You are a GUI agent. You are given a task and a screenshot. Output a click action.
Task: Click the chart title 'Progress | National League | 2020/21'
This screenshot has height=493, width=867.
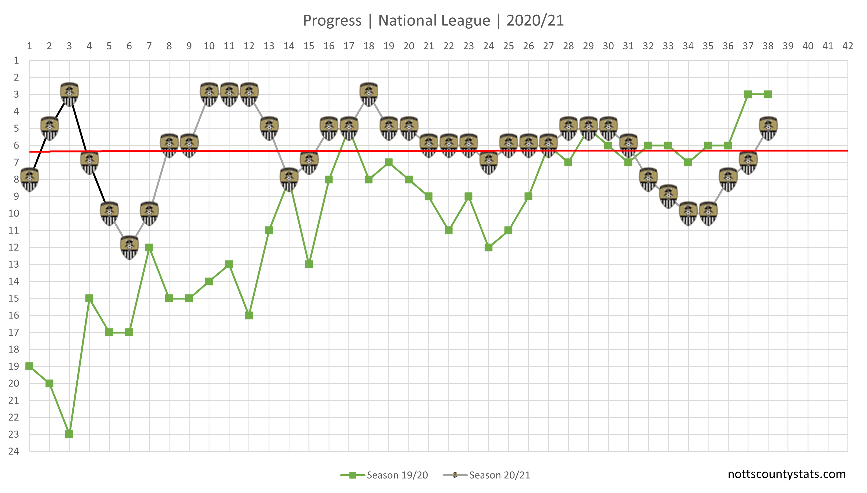(433, 20)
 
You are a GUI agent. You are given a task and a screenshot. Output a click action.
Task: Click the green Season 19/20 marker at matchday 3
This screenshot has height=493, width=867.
(69, 434)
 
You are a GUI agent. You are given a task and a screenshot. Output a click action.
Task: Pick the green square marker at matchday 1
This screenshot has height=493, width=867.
(29, 366)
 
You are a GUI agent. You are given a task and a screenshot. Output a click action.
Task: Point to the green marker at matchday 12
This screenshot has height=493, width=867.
(249, 315)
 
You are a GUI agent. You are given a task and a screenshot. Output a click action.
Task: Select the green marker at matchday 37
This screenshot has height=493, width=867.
(748, 94)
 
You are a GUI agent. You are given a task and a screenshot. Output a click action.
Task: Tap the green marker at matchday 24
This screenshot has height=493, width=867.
(488, 248)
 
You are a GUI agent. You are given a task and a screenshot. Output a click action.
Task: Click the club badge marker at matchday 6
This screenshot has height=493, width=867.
(129, 247)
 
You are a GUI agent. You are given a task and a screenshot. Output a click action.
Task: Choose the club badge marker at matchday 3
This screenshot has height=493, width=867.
(69, 94)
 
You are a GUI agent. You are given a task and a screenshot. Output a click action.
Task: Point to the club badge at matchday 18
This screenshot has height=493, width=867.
(369, 94)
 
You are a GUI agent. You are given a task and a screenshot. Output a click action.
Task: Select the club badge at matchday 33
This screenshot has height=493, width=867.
(668, 196)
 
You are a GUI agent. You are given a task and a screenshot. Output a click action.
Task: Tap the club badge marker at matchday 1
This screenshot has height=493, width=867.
(29, 179)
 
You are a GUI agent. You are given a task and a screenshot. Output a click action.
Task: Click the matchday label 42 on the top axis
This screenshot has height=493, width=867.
(848, 46)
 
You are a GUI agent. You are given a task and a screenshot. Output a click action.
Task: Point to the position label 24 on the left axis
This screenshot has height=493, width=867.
(14, 451)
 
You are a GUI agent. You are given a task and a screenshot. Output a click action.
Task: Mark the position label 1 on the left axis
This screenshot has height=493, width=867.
(16, 60)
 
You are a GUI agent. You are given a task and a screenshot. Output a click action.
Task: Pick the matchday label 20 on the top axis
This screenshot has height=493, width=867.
(409, 46)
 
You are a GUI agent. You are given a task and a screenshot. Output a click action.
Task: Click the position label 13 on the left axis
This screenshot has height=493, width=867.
(14, 264)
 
